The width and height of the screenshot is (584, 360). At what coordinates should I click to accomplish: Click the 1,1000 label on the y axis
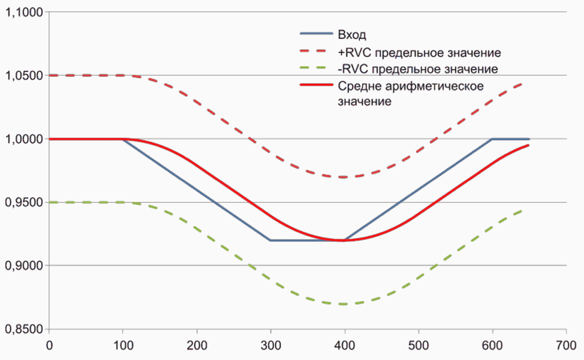click(x=24, y=12)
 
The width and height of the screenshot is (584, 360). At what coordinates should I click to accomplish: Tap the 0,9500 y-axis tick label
click(x=24, y=203)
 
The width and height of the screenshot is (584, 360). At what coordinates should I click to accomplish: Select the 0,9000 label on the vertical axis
click(x=24, y=266)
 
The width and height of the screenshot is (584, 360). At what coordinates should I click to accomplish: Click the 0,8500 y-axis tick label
click(x=24, y=329)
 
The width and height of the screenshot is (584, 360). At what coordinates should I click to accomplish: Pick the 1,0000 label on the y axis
click(x=24, y=140)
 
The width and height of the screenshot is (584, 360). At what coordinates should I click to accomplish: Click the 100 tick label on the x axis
click(x=123, y=346)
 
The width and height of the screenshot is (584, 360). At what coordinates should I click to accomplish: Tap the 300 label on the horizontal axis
click(x=271, y=346)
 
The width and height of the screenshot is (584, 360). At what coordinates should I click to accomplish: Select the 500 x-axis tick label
click(x=419, y=346)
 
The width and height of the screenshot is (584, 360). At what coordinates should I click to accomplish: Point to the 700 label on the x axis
click(x=566, y=346)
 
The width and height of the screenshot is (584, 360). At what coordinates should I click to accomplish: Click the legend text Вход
click(x=352, y=35)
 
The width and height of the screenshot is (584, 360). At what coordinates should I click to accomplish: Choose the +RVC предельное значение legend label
click(x=420, y=53)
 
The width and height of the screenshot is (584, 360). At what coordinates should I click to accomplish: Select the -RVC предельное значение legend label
click(x=418, y=70)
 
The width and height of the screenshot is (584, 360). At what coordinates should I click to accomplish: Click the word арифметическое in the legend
click(x=434, y=86)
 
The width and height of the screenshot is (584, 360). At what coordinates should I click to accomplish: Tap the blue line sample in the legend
click(x=316, y=34)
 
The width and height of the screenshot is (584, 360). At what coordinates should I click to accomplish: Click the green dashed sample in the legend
click(x=316, y=68)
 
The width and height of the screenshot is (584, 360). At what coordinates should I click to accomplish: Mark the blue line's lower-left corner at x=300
click(x=271, y=240)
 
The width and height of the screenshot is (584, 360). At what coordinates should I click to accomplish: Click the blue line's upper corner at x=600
click(x=493, y=139)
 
